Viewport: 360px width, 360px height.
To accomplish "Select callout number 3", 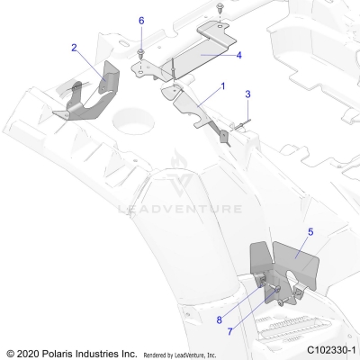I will pyautogui.click(x=248, y=94).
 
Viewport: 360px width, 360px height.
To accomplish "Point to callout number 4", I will pyautogui.click(x=238, y=56).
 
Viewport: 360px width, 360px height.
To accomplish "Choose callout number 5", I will pyautogui.click(x=310, y=232).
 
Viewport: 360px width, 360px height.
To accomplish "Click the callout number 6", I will pyautogui.click(x=141, y=20).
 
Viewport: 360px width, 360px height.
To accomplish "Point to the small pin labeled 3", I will pyautogui.click(x=238, y=127).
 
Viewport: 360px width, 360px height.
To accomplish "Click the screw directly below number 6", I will pyautogui.click(x=142, y=54).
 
